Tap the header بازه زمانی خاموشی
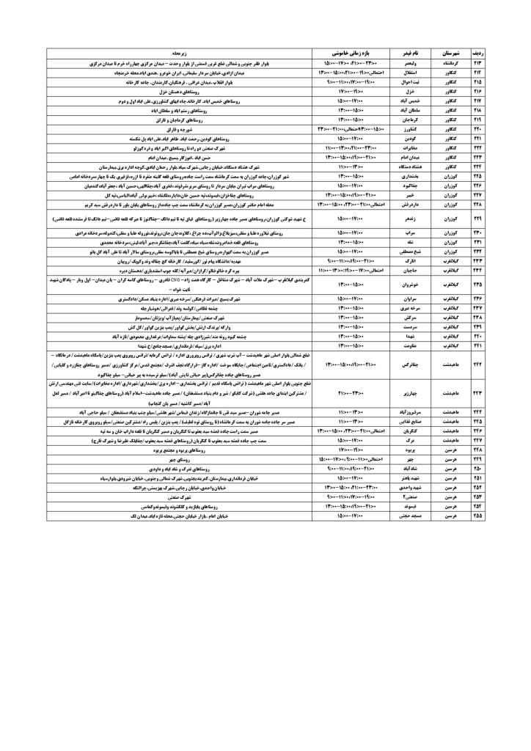348,54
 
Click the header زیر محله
169,54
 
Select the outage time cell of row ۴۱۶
348,92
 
